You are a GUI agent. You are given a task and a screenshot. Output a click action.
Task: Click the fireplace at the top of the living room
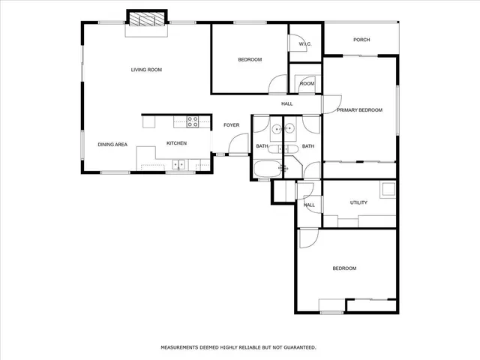(x=146, y=19)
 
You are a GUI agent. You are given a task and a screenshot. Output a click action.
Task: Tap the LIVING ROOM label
(x=146, y=70)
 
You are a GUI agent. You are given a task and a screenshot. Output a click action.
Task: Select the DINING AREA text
(x=112, y=144)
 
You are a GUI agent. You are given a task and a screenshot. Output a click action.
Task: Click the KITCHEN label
(x=176, y=144)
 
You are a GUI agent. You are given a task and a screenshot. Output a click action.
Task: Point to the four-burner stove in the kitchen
(x=193, y=121)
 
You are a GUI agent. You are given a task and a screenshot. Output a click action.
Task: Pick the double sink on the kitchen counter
(x=179, y=164)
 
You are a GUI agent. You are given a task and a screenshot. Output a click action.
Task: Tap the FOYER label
(x=231, y=124)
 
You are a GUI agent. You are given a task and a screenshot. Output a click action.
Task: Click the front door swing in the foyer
(x=239, y=145)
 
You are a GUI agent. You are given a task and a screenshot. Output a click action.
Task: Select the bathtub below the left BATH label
(x=265, y=169)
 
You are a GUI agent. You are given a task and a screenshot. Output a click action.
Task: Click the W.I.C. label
(x=304, y=45)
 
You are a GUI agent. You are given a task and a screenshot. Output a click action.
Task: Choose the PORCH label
(x=361, y=40)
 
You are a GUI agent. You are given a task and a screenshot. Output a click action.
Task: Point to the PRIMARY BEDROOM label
(x=359, y=110)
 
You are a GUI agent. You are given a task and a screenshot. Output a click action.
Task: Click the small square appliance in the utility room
(x=387, y=190)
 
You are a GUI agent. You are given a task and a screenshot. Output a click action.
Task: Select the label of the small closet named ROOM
(x=307, y=83)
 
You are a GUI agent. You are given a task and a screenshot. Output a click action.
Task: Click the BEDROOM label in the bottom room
(x=344, y=268)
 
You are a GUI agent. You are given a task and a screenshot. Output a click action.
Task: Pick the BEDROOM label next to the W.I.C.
(x=250, y=59)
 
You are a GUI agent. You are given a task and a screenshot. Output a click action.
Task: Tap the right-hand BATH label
(x=307, y=146)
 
